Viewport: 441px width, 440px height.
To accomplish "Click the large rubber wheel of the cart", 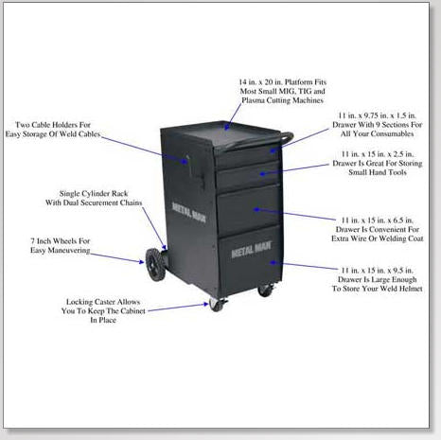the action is (155, 264).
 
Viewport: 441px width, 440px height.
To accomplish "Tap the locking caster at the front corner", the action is (217, 305).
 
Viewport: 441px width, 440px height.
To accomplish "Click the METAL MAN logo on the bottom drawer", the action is (251, 249).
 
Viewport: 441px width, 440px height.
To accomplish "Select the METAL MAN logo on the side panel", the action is (188, 212).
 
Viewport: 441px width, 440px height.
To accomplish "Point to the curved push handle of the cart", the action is (286, 139).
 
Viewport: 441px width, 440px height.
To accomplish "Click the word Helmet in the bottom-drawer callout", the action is (411, 289).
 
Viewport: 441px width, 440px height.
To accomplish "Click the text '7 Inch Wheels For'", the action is (61, 241).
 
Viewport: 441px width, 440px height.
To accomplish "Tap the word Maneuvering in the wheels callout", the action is (69, 250).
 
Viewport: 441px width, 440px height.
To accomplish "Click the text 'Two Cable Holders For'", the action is (53, 125).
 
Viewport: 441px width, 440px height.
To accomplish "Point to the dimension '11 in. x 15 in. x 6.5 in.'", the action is (378, 220).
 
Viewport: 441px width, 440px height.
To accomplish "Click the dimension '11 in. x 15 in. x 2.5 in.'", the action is (378, 154).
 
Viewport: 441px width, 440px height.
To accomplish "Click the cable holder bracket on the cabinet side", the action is (196, 171).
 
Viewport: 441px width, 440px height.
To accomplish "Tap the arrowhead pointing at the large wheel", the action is (142, 261).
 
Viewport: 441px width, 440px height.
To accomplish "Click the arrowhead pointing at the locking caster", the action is (205, 304).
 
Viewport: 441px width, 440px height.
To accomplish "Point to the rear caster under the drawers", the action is (266, 290).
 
